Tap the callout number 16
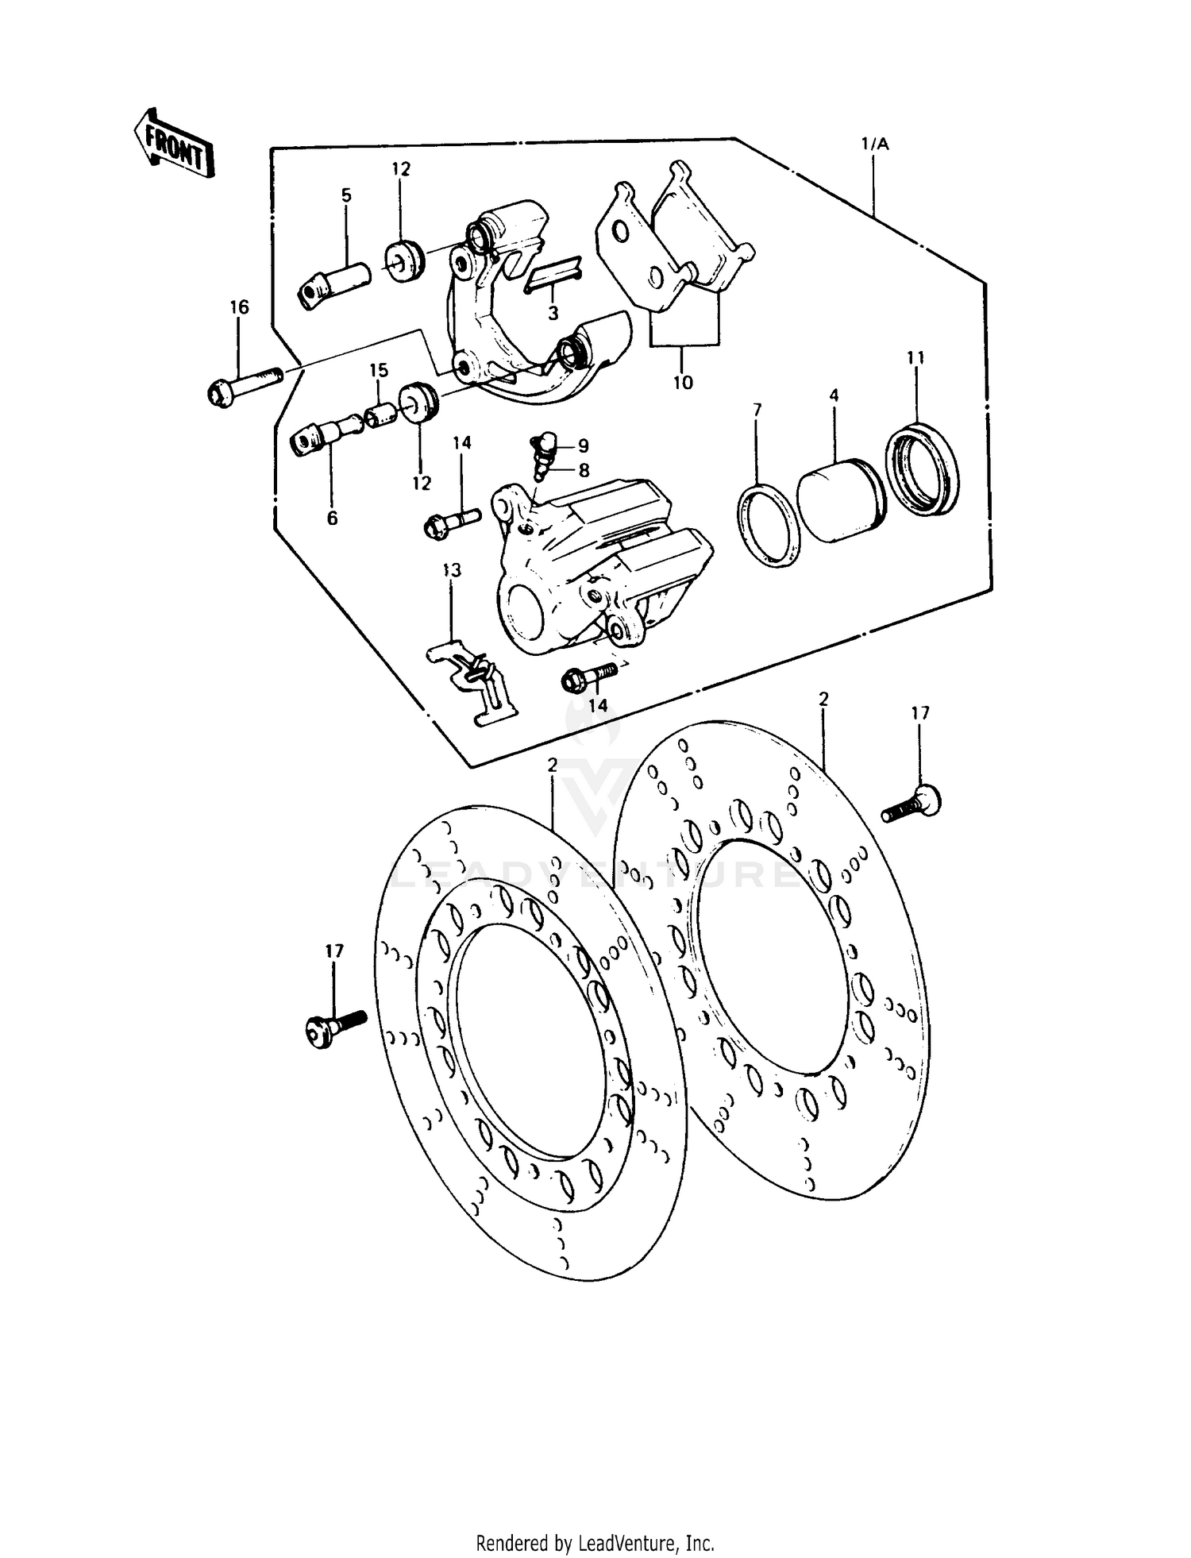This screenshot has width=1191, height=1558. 239,307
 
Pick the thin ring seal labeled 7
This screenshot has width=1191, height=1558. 769,527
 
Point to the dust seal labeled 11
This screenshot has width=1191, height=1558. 922,469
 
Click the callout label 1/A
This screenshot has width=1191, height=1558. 875,145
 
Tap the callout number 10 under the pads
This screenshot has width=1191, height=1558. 683,382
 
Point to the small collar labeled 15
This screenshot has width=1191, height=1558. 380,415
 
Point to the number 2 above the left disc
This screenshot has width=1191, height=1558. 552,764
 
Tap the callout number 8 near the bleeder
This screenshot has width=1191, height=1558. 584,470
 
